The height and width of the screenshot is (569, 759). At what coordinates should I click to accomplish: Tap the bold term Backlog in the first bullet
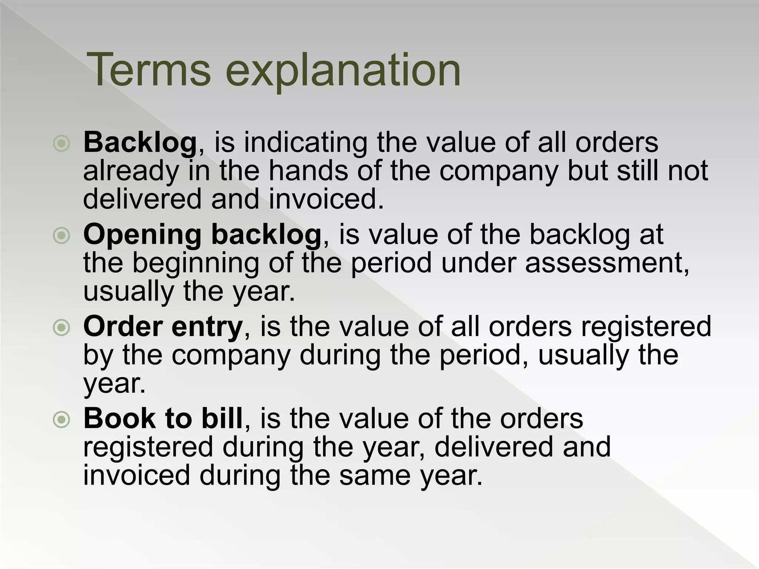[x=140, y=142]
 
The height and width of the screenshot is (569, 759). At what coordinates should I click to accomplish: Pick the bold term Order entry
[x=163, y=327]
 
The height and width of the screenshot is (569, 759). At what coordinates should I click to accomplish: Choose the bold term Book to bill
[x=163, y=419]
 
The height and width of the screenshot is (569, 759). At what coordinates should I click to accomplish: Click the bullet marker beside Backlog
[x=62, y=143]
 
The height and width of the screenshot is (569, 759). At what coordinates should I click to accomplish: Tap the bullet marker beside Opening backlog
[x=62, y=235]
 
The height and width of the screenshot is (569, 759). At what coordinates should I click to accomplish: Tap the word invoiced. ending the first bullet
[x=326, y=199]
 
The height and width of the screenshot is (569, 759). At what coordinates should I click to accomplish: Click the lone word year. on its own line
[x=115, y=384]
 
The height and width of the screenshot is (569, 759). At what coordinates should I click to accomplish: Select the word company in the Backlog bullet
[x=498, y=171]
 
